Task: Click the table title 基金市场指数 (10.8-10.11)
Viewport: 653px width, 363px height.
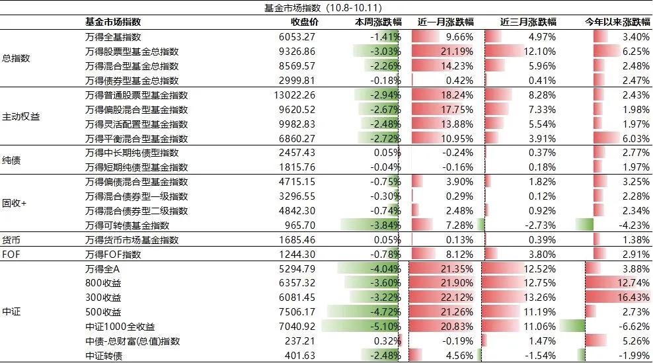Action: click(x=323, y=8)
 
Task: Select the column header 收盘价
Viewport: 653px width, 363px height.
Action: click(x=305, y=22)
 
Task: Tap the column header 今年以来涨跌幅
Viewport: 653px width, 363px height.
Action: click(x=617, y=22)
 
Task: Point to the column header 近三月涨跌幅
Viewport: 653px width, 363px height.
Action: click(x=528, y=22)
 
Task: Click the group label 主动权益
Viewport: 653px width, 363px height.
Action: click(x=21, y=116)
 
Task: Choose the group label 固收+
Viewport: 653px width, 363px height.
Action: click(x=15, y=204)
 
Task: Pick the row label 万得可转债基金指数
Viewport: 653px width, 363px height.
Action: click(x=128, y=225)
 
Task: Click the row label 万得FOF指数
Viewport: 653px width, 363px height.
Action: click(x=113, y=254)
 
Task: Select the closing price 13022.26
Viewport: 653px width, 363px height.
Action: click(x=294, y=95)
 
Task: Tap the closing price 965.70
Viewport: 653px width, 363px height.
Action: click(x=300, y=225)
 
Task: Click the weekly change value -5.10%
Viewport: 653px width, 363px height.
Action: click(x=385, y=327)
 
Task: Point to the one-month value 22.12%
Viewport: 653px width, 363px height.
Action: click(x=457, y=298)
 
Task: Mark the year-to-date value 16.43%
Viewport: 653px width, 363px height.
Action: click(x=633, y=298)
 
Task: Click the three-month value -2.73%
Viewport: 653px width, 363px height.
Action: click(x=540, y=225)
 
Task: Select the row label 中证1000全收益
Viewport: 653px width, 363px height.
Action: click(x=120, y=327)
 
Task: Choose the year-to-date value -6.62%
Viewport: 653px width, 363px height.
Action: click(x=634, y=327)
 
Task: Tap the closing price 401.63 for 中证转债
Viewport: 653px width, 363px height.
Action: click(x=300, y=356)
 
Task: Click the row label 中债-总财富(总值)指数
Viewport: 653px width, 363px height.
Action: click(x=132, y=341)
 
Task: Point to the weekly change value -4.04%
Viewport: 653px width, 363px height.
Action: click(x=385, y=269)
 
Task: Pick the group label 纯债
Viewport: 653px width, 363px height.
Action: click(x=11, y=160)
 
